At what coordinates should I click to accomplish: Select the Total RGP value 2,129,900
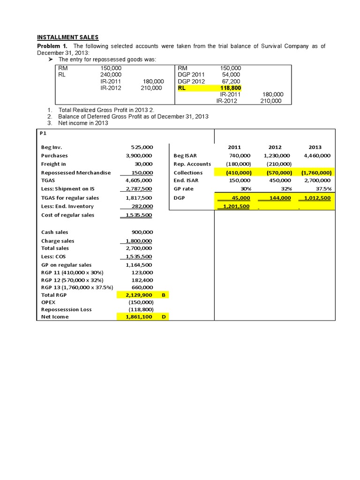tap(140, 295)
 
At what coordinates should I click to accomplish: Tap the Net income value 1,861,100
tap(140, 317)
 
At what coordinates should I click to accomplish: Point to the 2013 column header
tap(315, 147)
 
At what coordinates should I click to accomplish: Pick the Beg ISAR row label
tap(185, 156)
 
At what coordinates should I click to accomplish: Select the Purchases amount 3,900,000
tap(140, 156)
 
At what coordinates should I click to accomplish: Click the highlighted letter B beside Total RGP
tap(163, 295)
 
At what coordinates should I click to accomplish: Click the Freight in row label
tap(53, 164)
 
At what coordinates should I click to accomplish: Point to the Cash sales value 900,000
tap(142, 232)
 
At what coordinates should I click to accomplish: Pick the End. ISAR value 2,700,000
tap(317, 180)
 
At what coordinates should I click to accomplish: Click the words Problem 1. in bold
tap(52, 46)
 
